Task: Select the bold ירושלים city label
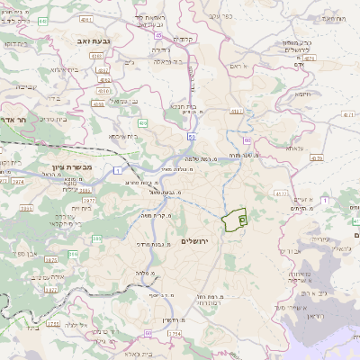click(x=193, y=242)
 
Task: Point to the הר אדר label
click(x=16, y=118)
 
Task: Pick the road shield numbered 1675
click(x=50, y=259)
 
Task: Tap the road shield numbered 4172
click(x=282, y=193)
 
